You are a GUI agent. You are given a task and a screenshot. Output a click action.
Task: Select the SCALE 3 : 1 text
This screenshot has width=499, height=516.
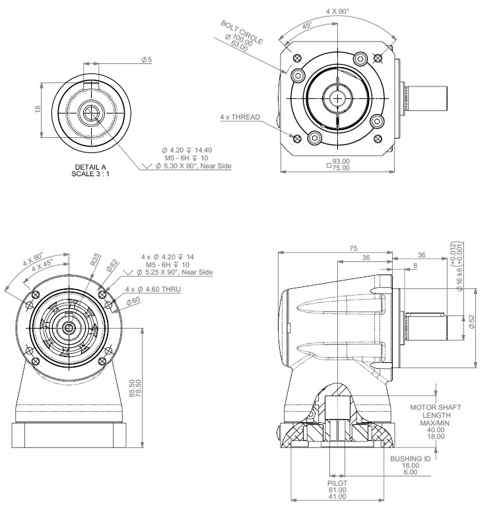[x=90, y=174]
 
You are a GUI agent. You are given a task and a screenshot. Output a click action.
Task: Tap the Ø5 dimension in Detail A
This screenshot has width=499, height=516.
[x=147, y=60]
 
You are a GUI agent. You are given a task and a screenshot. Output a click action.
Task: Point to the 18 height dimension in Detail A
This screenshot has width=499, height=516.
[x=38, y=109]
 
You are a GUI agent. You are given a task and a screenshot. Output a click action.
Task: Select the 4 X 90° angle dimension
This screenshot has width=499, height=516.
[x=338, y=11]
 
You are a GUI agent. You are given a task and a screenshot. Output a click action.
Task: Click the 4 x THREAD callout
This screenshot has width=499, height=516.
[x=240, y=117]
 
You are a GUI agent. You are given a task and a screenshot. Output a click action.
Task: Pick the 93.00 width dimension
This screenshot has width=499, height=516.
[x=341, y=161]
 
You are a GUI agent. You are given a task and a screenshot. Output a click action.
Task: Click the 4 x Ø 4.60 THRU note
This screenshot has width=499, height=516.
[x=152, y=289]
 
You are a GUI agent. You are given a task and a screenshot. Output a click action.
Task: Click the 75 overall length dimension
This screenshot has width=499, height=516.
[x=353, y=248]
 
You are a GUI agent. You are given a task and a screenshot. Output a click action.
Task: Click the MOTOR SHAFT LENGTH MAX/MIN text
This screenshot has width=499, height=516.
[x=436, y=415]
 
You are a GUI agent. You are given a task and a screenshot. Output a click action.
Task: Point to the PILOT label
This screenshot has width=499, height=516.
[x=337, y=483]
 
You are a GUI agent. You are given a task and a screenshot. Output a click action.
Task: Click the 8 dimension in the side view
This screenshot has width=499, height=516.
[x=415, y=265]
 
